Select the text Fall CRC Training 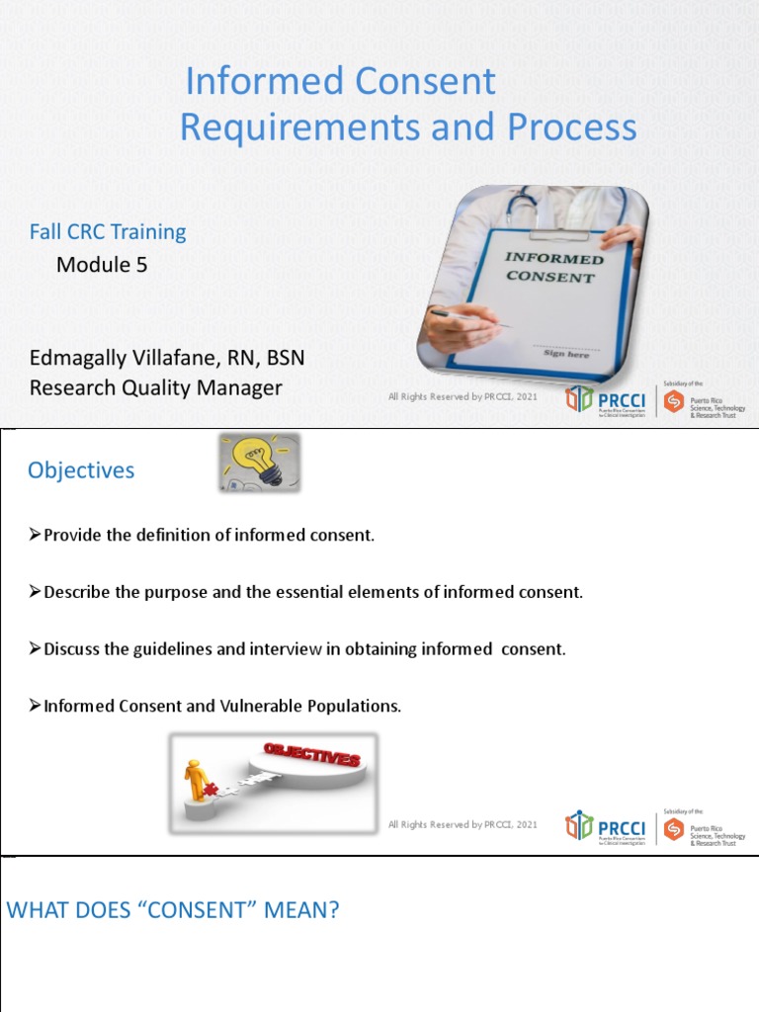point(108,232)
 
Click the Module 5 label point(102,264)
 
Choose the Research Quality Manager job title point(155,388)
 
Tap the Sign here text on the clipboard point(566,353)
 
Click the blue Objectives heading point(81,470)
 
